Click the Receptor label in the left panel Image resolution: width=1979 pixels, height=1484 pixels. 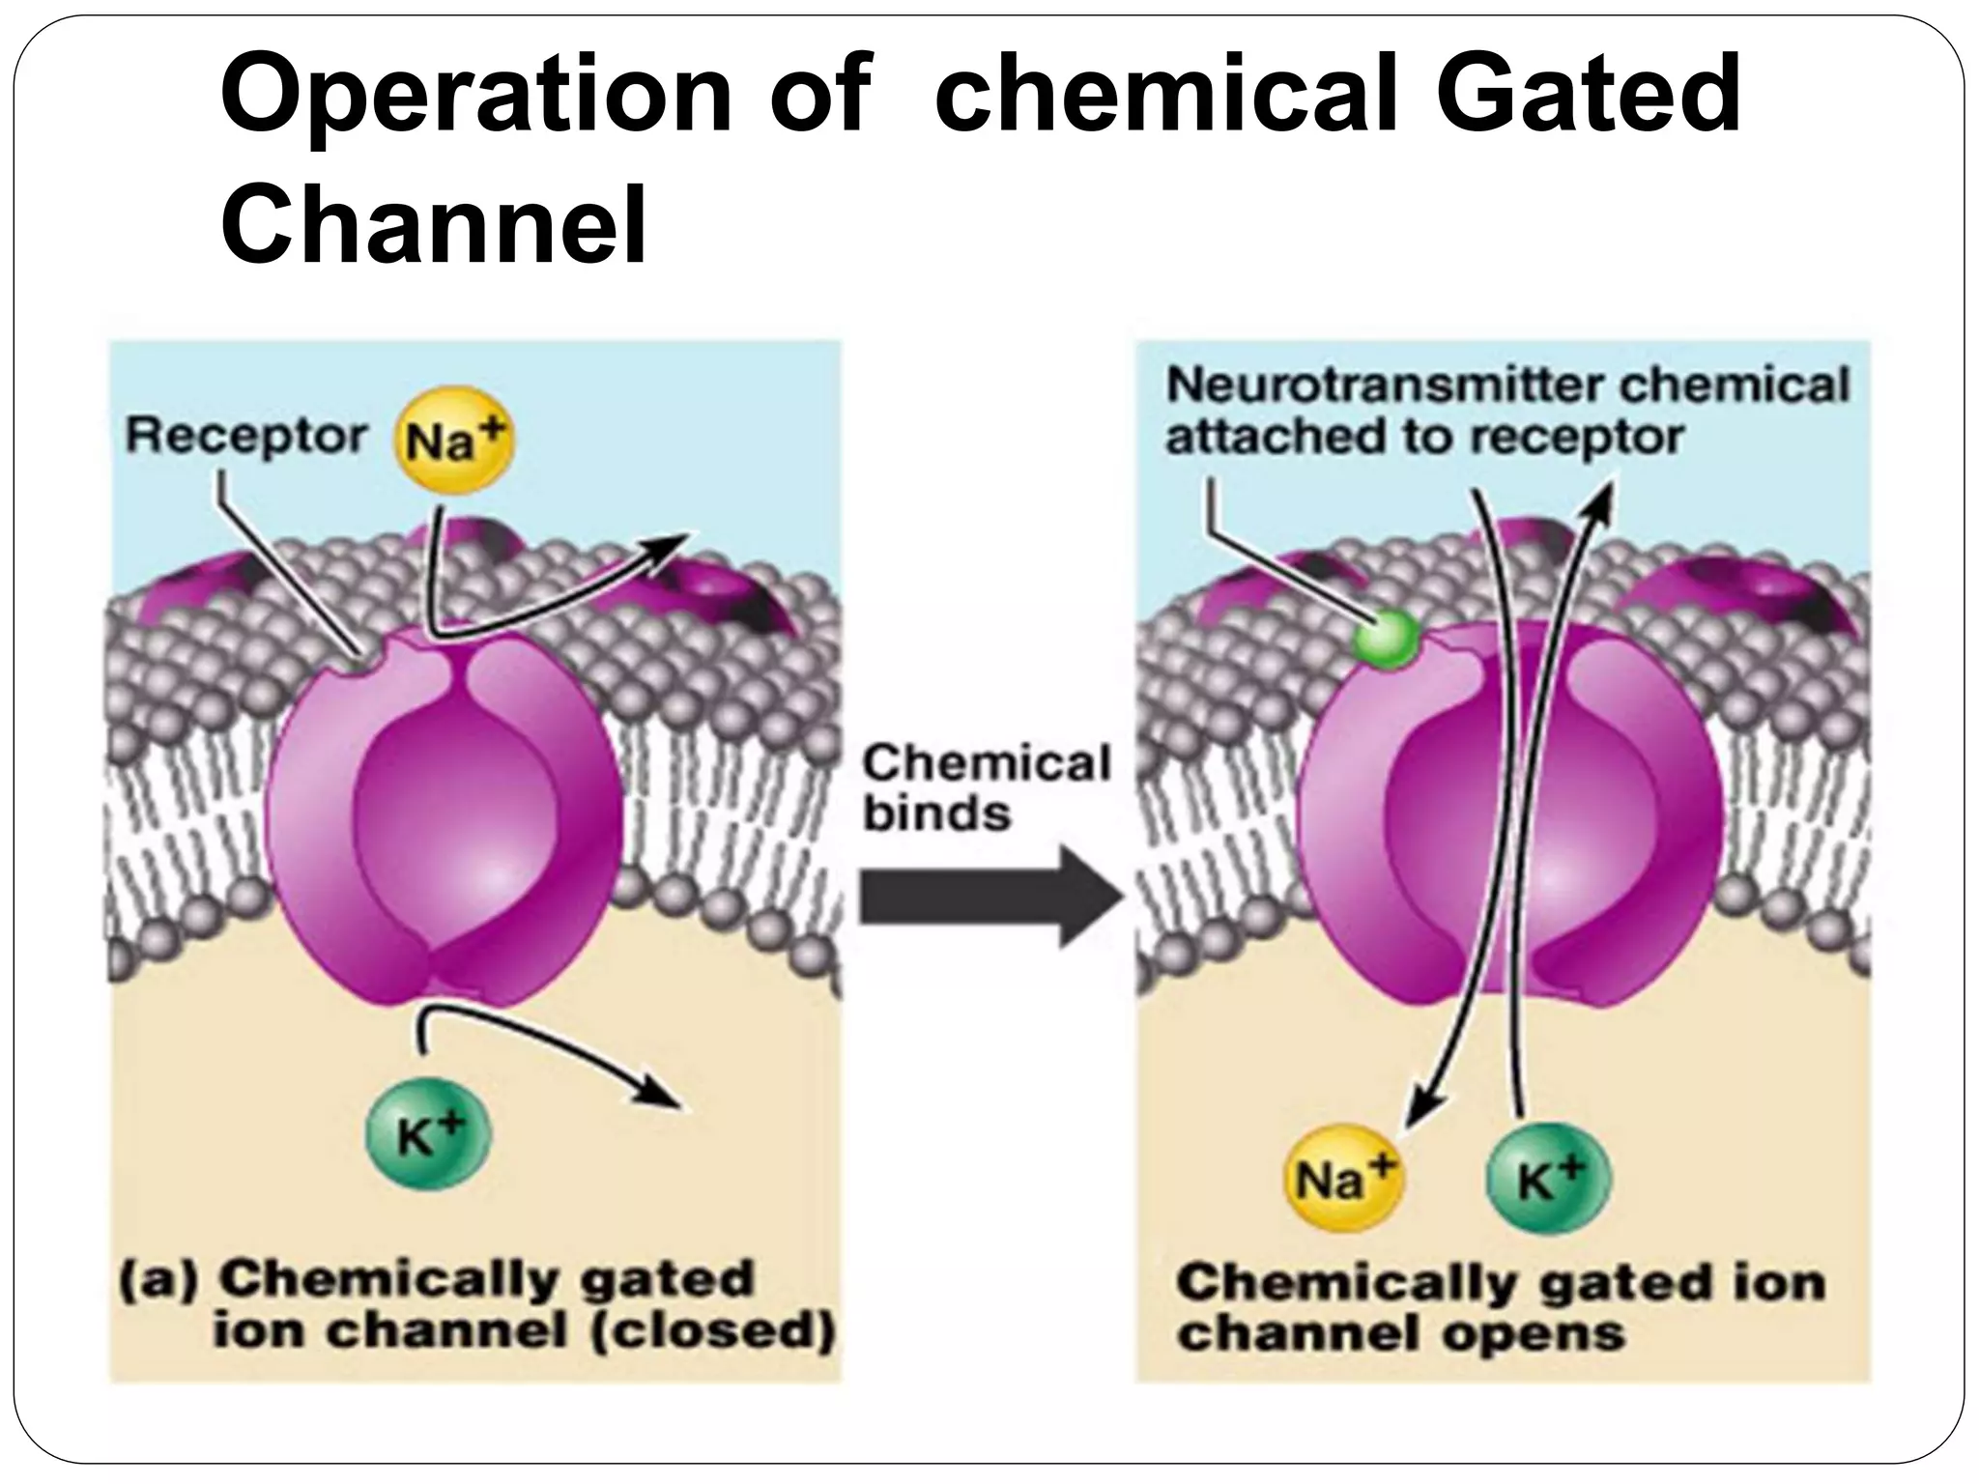[x=245, y=438]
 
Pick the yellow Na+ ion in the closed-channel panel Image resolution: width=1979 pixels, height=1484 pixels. [x=454, y=442]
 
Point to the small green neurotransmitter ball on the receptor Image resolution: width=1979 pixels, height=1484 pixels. [x=1386, y=638]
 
